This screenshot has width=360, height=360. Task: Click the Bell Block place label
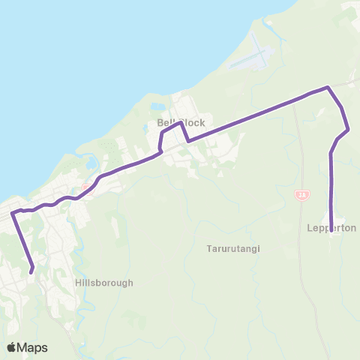[181, 122]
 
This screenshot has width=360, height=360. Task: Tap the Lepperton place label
[331, 227]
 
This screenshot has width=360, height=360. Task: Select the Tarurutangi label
[232, 248]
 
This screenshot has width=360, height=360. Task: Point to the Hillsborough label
[104, 283]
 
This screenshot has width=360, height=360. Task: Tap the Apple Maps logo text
[33, 347]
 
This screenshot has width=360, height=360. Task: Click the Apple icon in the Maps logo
[12, 347]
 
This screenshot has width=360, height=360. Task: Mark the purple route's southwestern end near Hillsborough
[31, 271]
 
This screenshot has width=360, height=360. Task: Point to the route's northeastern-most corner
[328, 88]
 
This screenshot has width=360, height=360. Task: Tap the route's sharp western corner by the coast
[13, 213]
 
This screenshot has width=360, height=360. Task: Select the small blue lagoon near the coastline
[91, 163]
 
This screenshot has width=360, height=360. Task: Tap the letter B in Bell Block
[160, 122]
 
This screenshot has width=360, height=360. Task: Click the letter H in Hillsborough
[79, 283]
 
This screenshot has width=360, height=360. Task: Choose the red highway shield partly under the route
[87, 187]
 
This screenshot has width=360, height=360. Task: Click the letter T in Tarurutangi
[208, 248]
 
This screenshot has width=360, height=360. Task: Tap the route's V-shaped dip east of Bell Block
[187, 140]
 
